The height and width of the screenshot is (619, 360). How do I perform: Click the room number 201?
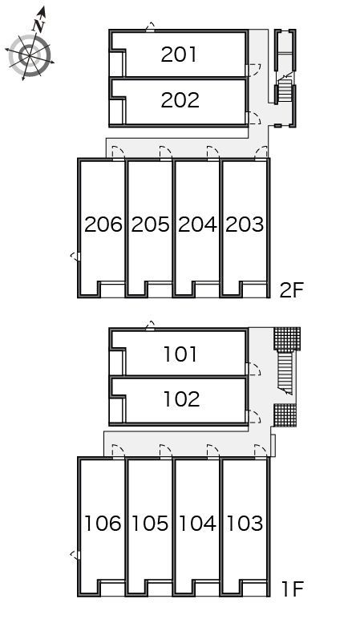click(x=179, y=55)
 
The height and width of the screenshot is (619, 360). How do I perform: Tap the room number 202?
click(x=180, y=100)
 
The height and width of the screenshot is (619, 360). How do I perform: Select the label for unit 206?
click(x=103, y=225)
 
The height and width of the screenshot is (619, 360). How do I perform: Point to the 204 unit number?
click(x=197, y=225)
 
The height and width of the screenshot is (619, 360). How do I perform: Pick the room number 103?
click(x=245, y=523)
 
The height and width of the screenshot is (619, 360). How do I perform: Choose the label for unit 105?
click(x=150, y=523)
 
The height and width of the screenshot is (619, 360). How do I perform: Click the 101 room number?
click(x=180, y=354)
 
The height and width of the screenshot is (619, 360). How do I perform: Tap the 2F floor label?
click(x=291, y=290)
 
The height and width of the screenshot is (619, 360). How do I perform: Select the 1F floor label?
click(x=293, y=589)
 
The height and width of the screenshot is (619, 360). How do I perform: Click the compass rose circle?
click(x=30, y=55)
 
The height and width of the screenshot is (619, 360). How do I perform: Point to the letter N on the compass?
click(x=38, y=26)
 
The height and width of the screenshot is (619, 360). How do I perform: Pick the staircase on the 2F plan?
click(x=285, y=90)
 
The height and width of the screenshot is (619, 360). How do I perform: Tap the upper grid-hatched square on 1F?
click(x=287, y=338)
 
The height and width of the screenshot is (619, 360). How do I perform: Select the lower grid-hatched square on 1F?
click(x=285, y=415)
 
